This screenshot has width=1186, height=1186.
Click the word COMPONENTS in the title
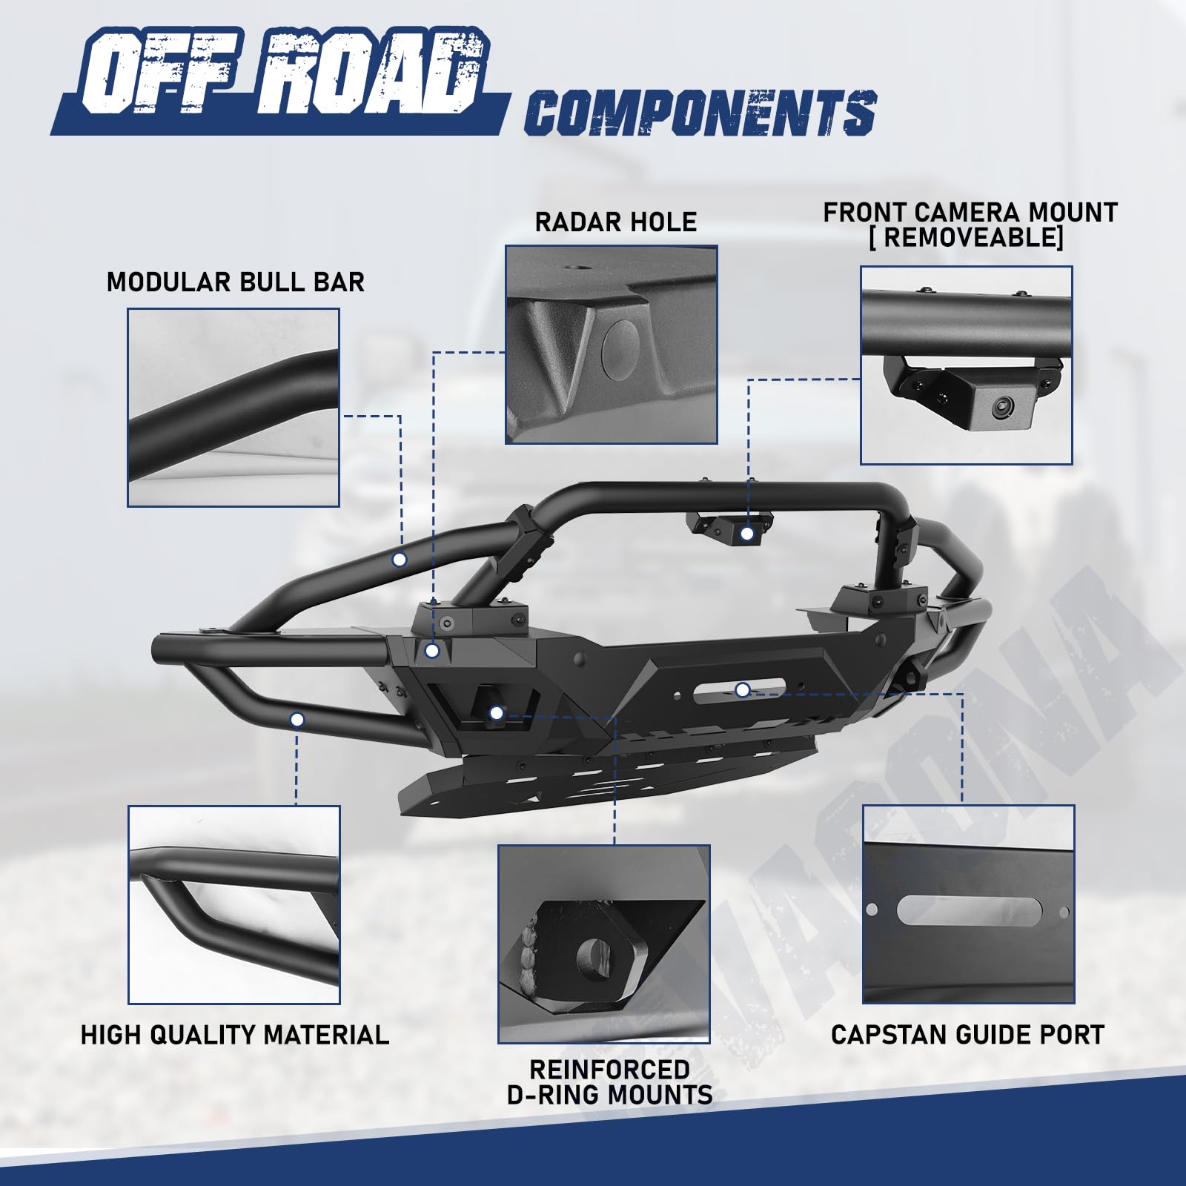pyautogui.click(x=701, y=113)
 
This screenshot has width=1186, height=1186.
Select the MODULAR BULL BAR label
pyautogui.click(x=236, y=282)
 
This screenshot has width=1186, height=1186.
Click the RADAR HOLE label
pyautogui.click(x=616, y=222)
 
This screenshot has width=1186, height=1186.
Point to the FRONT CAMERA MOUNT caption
pyautogui.click(x=970, y=213)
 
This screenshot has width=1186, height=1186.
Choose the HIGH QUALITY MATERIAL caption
pyautogui.click(x=235, y=1034)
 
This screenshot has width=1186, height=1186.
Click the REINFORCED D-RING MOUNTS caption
pyautogui.click(x=610, y=1081)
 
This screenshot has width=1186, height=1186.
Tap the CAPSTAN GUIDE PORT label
pyautogui.click(x=967, y=1034)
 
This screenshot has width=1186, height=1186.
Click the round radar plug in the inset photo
pyautogui.click(x=620, y=348)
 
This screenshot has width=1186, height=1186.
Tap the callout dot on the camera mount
pyautogui.click(x=747, y=533)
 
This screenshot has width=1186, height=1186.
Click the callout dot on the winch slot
pyautogui.click(x=743, y=690)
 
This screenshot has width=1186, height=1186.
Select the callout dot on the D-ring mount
pyautogui.click(x=497, y=713)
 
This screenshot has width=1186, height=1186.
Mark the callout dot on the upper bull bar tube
pyautogui.click(x=400, y=559)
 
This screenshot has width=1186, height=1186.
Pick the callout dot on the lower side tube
pyautogui.click(x=297, y=719)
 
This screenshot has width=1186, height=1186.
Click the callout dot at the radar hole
pyautogui.click(x=433, y=651)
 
